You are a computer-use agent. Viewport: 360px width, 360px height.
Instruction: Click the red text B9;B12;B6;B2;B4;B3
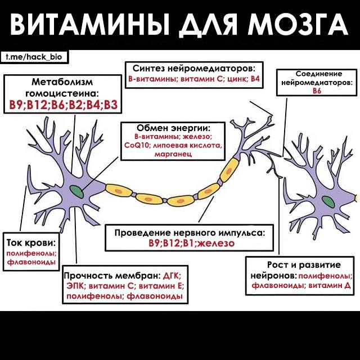(x=64, y=105)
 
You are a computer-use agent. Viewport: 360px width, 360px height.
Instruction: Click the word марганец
(x=173, y=154)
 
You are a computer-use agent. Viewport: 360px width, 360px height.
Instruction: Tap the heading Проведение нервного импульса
(x=189, y=233)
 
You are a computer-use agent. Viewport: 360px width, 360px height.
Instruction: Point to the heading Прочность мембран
(x=111, y=276)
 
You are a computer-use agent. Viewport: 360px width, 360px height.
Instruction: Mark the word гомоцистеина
(x=64, y=92)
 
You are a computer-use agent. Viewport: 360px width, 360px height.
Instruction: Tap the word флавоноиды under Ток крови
(x=31, y=263)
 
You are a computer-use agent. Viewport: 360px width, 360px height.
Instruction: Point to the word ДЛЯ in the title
(x=208, y=24)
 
